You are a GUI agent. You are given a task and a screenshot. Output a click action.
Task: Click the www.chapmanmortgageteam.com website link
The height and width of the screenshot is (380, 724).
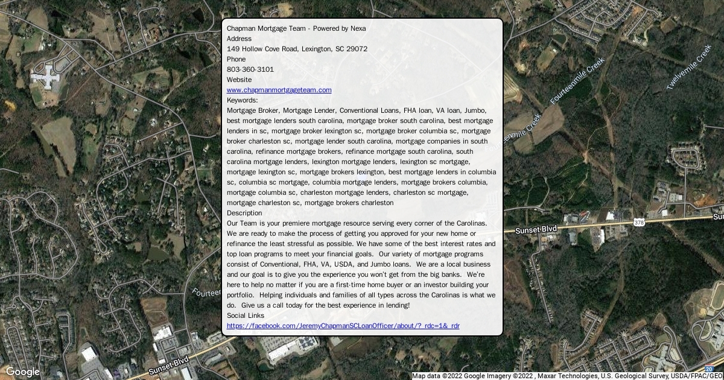pos(279,90)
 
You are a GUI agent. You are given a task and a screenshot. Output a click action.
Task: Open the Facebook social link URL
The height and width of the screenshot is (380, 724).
pos(343,326)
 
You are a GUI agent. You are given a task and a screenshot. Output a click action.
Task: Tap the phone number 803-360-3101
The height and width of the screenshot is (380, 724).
pos(250,69)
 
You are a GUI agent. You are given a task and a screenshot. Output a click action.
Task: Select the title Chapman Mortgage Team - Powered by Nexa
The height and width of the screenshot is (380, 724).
pos(296,28)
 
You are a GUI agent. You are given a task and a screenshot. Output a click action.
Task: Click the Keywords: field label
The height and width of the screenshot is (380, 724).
pos(242,100)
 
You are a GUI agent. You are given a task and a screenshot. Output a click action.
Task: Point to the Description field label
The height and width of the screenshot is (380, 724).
pos(244,213)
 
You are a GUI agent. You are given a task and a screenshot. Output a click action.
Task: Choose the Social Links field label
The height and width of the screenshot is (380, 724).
pos(245,315)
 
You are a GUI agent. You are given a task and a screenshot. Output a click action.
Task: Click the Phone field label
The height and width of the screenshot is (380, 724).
pos(236,59)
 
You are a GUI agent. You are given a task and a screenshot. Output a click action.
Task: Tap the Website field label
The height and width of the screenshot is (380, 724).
pos(239,80)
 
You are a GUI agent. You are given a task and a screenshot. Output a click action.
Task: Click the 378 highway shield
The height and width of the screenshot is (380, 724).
pos(640,223)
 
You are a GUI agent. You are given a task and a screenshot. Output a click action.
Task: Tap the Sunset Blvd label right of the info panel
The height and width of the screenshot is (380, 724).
pos(536,230)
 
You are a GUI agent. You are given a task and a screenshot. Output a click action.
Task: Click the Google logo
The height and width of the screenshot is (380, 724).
pos(22,372)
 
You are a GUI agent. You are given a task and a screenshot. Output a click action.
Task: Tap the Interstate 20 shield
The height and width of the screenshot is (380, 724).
pos(708,369)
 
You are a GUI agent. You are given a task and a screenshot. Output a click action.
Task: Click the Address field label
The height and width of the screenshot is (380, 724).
pos(239,39)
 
